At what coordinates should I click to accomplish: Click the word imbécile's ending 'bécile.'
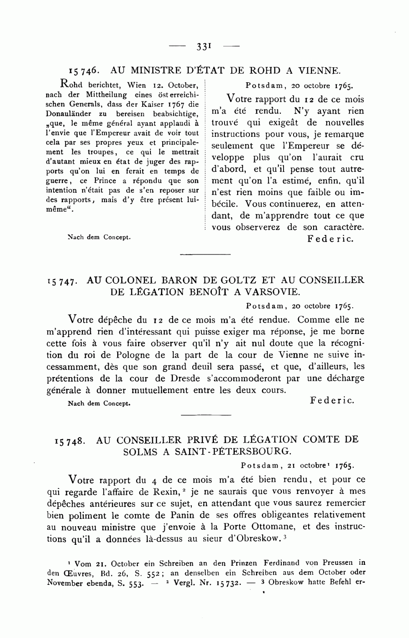pyautogui.click(x=224, y=204)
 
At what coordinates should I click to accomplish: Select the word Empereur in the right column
pyautogui.click(x=315, y=146)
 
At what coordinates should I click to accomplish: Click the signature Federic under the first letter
pyautogui.click(x=330, y=239)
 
